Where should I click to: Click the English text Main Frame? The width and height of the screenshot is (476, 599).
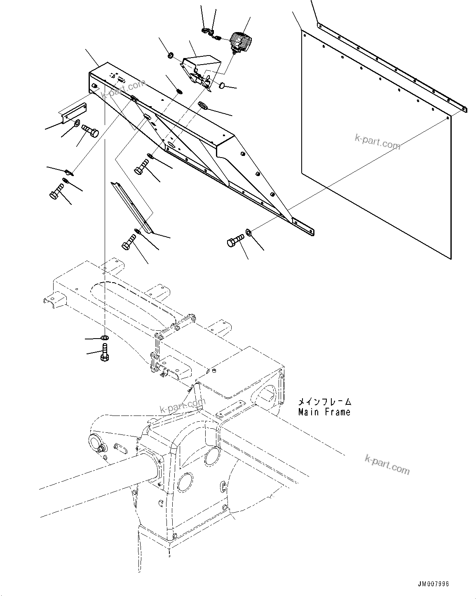click(324, 412)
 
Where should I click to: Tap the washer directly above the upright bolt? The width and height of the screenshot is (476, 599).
click(105, 338)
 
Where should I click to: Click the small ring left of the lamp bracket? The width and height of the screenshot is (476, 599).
click(171, 55)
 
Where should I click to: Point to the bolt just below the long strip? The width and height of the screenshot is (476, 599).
click(129, 241)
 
